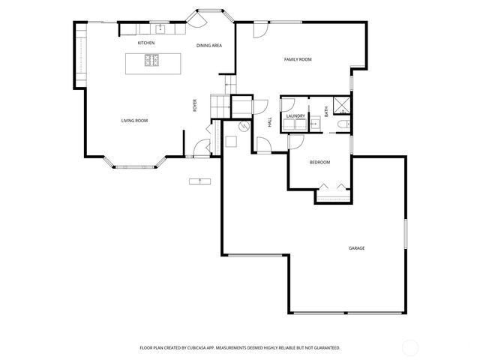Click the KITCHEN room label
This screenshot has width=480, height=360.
tap(146, 43)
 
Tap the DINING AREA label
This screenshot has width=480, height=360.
tap(209, 46)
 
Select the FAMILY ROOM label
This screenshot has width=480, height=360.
tap(297, 59)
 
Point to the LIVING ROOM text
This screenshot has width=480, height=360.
tap(134, 120)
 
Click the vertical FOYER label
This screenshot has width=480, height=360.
tap(195, 106)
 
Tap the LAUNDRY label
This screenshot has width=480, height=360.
tap(295, 116)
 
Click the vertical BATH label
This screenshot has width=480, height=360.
tap(325, 110)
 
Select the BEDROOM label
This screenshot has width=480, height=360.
tap(319, 162)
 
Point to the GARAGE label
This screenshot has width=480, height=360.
tap(356, 247)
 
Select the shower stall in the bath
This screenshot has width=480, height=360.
tap(341, 105)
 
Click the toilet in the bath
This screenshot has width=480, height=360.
tap(341, 124)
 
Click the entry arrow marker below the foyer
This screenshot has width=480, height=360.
tap(199, 181)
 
